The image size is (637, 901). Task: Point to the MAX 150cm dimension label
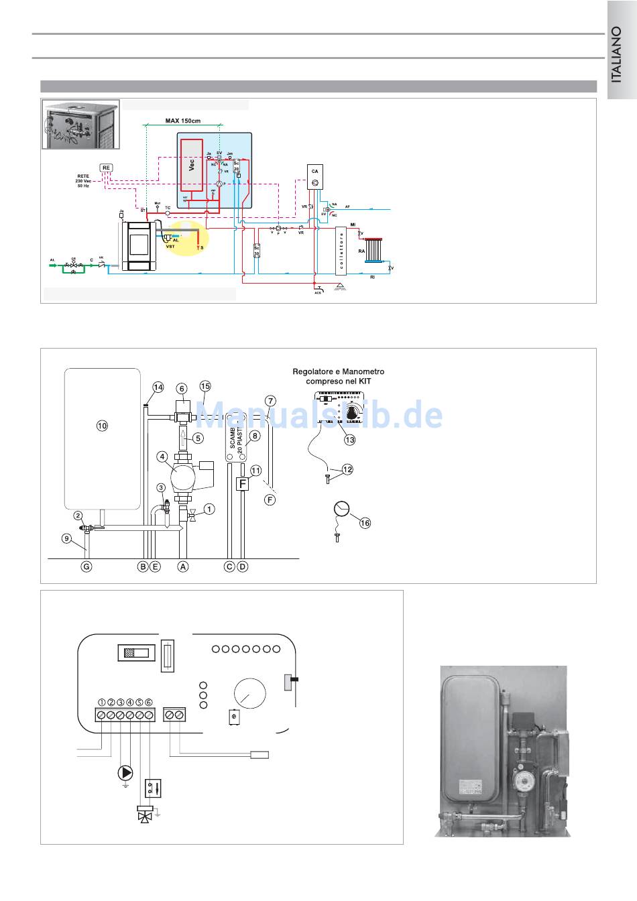(182, 121)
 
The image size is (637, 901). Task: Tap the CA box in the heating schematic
(315, 176)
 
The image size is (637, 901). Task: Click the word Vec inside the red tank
(191, 165)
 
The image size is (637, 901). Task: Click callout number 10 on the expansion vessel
(102, 425)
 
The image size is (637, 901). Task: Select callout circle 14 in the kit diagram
(158, 387)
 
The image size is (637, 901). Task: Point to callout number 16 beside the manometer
(365, 523)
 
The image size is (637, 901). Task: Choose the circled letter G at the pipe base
(86, 566)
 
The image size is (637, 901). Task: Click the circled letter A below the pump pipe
(182, 566)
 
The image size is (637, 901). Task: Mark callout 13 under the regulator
(349, 440)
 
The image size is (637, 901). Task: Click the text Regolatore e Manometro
(339, 371)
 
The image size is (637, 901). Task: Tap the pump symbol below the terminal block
(125, 773)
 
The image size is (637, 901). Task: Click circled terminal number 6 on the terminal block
(148, 702)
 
